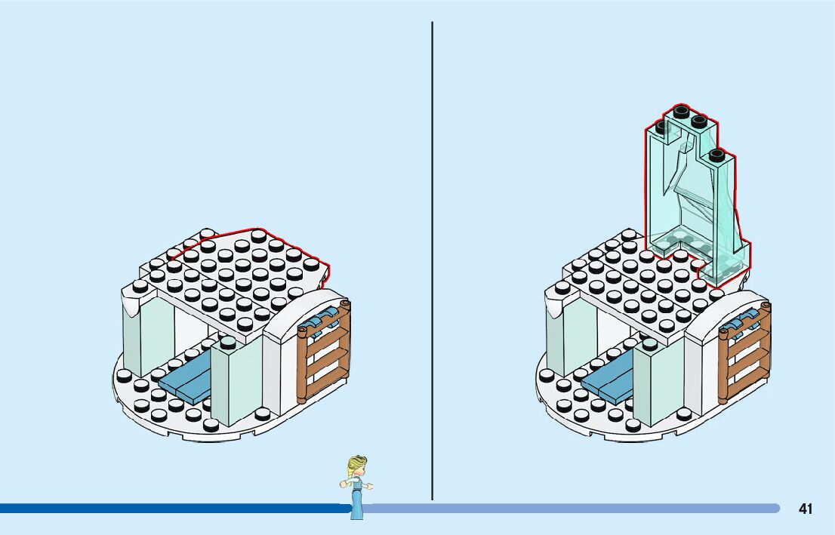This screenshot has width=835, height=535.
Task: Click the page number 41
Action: point(806,509)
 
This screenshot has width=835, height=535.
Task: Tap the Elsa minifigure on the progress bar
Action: point(357,487)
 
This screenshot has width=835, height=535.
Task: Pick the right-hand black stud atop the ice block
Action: point(716,156)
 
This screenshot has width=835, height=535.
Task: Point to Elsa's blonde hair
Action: point(356,463)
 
